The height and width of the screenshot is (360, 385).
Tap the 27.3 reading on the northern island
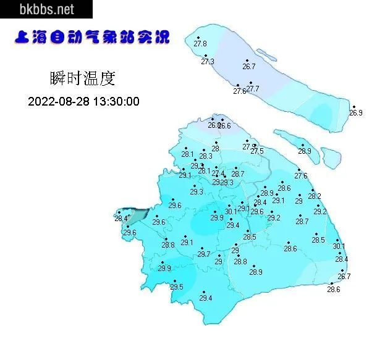[x=208, y=62]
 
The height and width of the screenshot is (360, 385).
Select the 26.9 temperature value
[x=356, y=113]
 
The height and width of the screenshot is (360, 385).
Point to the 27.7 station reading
[x=253, y=90]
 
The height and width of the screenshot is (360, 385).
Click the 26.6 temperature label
[x=224, y=126]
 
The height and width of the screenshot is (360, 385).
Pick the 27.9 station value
[x=248, y=147]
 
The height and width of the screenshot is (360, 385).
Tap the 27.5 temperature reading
[x=257, y=151]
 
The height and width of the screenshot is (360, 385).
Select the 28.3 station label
[x=206, y=156]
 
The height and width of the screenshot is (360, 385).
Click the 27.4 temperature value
[x=218, y=174]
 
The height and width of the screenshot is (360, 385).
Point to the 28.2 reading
[x=315, y=196]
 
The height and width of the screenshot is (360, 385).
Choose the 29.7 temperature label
[x=204, y=254]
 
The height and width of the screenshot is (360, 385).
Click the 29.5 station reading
[x=177, y=287]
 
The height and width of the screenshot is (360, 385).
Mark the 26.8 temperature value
[x=213, y=125]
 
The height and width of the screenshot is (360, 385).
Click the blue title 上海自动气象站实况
[x=91, y=38]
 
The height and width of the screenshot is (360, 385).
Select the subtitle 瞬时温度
[x=82, y=79]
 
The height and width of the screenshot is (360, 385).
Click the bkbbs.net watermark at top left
[x=46, y=9]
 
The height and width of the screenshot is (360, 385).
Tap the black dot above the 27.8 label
[x=198, y=38]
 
